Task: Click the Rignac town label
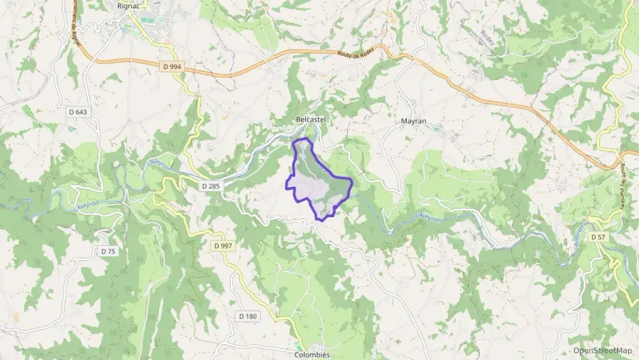tap(128, 6)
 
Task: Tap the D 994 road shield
tap(174, 66)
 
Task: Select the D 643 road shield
tap(79, 111)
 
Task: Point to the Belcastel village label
tap(311, 120)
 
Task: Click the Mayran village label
tap(413, 121)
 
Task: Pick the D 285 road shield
tap(211, 186)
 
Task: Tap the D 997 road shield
tap(223, 245)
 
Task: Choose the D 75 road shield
tap(109, 251)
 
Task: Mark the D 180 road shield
tap(248, 316)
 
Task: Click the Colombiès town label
tap(311, 355)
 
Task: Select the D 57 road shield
tap(598, 237)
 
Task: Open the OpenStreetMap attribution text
tap(602, 350)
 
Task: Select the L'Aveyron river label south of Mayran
tap(429, 217)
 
